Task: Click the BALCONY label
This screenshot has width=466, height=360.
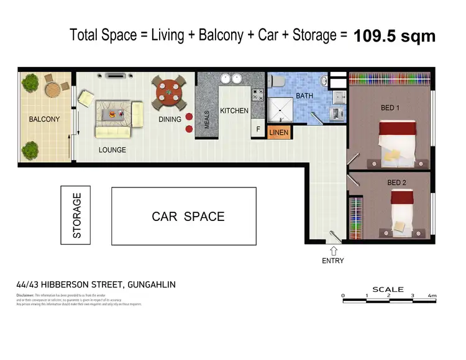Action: click(x=44, y=119)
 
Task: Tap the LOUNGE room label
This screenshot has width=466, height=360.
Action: click(x=112, y=150)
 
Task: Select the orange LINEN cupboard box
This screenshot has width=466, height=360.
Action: click(x=279, y=132)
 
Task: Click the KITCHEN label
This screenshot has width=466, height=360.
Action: click(x=234, y=111)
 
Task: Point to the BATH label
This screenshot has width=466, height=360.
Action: click(x=304, y=96)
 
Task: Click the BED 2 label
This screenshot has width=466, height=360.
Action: click(x=397, y=182)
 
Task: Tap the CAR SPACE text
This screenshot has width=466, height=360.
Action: click(x=188, y=217)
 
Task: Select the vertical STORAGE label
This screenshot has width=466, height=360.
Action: click(x=77, y=216)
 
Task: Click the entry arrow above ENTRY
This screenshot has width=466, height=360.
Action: click(x=334, y=250)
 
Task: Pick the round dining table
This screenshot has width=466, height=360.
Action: click(x=168, y=92)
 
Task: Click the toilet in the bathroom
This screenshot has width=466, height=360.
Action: click(x=279, y=82)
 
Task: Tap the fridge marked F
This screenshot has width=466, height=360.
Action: click(x=258, y=129)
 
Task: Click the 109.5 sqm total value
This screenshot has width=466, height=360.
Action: click(x=395, y=36)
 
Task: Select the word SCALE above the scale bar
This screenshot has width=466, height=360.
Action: click(x=388, y=289)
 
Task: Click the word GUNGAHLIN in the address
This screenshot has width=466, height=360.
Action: click(x=151, y=285)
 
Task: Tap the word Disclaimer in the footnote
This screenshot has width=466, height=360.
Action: click(x=25, y=295)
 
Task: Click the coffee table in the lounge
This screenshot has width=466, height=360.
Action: click(x=113, y=114)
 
